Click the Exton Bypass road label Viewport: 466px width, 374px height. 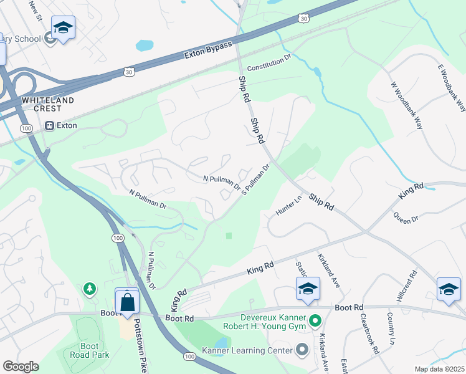pyautogui.click(x=208, y=50)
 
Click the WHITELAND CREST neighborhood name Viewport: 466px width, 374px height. pyautogui.click(x=48, y=104)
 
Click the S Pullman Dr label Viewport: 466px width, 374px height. pyautogui.click(x=255, y=179)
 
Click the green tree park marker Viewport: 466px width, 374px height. pyautogui.click(x=90, y=289)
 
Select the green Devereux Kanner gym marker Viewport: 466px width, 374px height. pyautogui.click(x=316, y=321)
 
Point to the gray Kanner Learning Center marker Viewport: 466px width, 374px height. pyautogui.click(x=302, y=350)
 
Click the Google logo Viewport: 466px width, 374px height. pyautogui.click(x=21, y=367)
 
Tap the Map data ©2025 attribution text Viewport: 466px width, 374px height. pyautogui.click(x=439, y=369)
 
